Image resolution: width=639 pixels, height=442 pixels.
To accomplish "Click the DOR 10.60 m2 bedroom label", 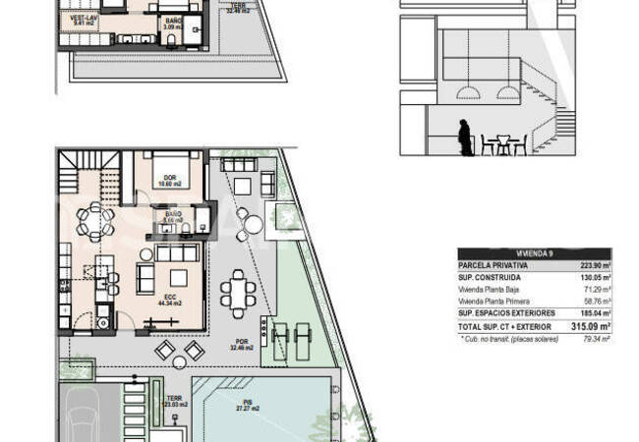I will coord(169,179).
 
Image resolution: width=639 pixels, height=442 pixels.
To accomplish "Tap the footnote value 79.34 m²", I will coord(595,338).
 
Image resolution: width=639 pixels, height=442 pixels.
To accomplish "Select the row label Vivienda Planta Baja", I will coord(494,290).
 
